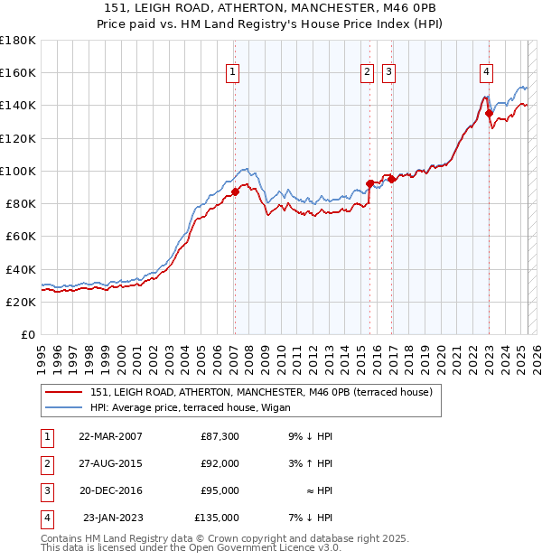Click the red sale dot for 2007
pyautogui.click(x=235, y=191)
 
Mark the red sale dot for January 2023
pyautogui.click(x=489, y=113)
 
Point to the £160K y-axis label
pyautogui.click(x=18, y=72)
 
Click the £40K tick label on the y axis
pyautogui.click(x=21, y=269)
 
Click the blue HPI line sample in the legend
pyautogui.click(x=63, y=406)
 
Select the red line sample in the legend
pyautogui.click(x=63, y=392)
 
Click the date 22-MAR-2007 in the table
pyautogui.click(x=110, y=436)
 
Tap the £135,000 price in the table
pyautogui.click(x=217, y=518)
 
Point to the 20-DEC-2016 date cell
pyautogui.click(x=110, y=490)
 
